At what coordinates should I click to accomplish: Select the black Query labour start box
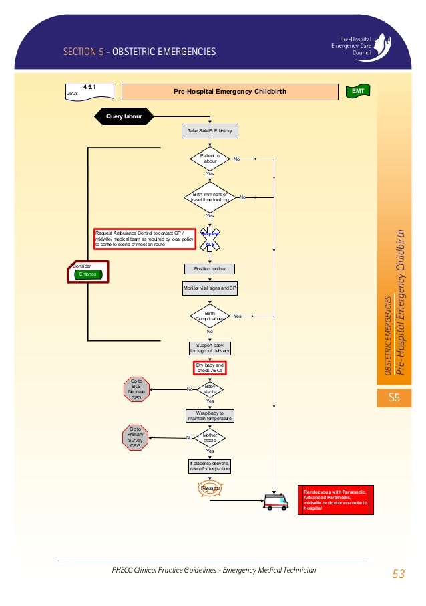pyautogui.click(x=126, y=116)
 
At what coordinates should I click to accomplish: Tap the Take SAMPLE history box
pyautogui.click(x=210, y=130)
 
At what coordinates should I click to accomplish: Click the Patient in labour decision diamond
pyautogui.click(x=210, y=159)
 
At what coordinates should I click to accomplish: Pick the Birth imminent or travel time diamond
pyautogui.click(x=210, y=197)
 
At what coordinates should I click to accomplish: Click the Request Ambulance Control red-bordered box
pyautogui.click(x=144, y=239)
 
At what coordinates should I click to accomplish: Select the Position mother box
pyautogui.click(x=210, y=268)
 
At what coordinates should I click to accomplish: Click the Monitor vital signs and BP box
pyautogui.click(x=210, y=288)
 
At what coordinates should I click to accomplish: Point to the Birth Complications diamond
pyautogui.click(x=210, y=316)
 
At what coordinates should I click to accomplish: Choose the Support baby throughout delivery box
pyautogui.click(x=210, y=348)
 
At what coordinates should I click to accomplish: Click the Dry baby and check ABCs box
pyautogui.click(x=210, y=367)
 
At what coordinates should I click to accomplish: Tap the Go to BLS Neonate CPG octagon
pyautogui.click(x=136, y=389)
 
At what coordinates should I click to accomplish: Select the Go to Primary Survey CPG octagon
pyautogui.click(x=136, y=437)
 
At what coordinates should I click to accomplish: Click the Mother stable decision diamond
pyautogui.click(x=210, y=438)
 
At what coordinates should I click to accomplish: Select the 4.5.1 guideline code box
pyautogui.click(x=89, y=91)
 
